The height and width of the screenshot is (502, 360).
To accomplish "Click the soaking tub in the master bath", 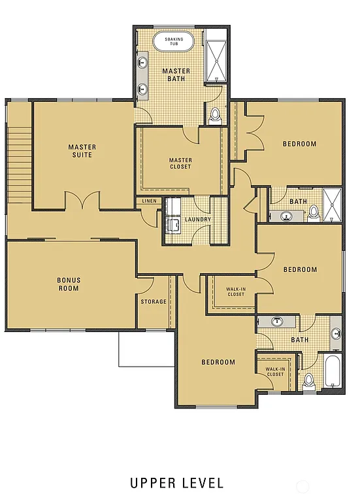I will tap(174, 42).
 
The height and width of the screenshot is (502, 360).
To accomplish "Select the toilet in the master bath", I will tap(215, 116).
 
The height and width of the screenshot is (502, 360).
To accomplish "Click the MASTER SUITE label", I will tap(82, 151).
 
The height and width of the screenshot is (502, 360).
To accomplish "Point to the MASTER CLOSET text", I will tap(180, 163).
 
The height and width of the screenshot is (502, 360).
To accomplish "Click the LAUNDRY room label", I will tap(198, 220).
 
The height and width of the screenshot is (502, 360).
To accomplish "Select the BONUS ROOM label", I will tap(68, 284).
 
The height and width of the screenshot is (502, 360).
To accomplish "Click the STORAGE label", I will tap(154, 301).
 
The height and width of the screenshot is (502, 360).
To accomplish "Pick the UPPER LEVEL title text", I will tap(176, 483).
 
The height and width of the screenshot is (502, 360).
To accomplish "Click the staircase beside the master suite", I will tap(19, 163).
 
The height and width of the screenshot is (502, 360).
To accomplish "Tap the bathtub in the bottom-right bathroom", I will tap(333, 371).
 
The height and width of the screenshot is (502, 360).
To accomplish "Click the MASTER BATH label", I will tap(176, 75).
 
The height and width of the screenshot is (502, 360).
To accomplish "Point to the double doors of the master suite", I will tap(82, 201).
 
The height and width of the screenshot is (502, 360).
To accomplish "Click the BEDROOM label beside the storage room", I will tap(218, 362).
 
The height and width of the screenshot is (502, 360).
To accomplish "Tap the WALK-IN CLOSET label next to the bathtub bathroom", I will tap(274, 371).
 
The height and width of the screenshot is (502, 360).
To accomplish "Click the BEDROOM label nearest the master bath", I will tap(299, 144).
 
